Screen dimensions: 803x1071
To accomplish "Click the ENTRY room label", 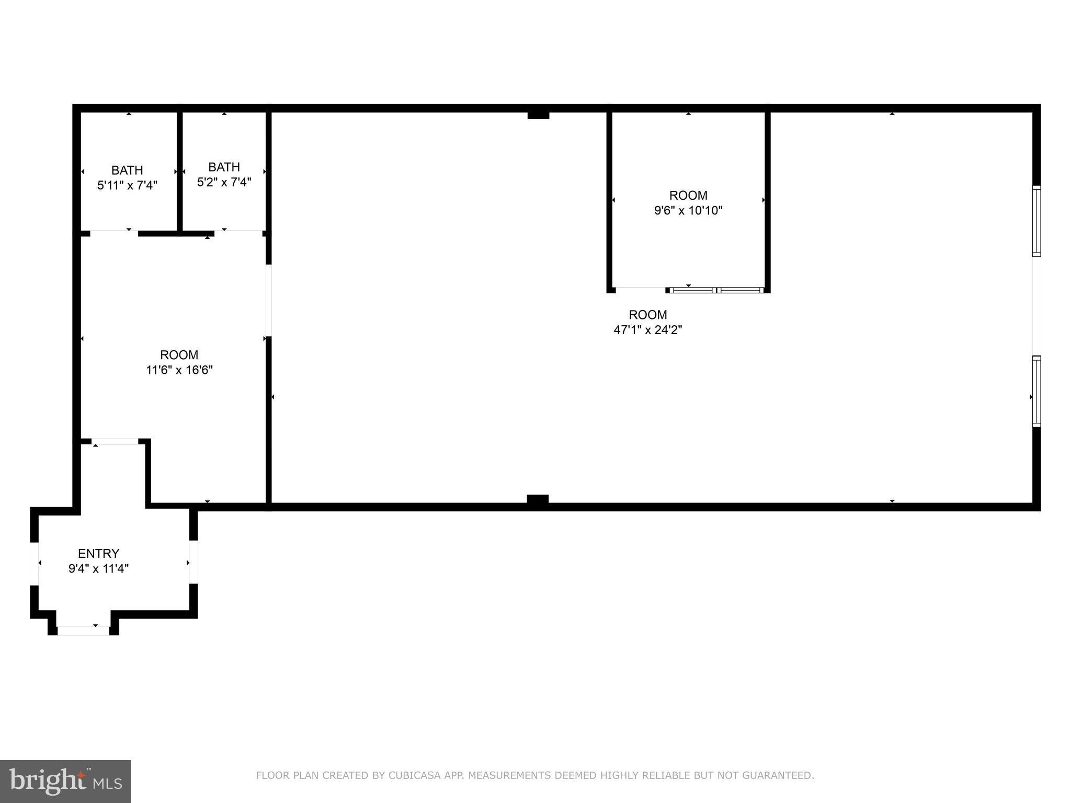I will coord(98,553).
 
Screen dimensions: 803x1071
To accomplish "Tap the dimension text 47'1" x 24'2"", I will coord(647,330).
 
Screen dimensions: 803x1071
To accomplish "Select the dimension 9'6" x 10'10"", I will coord(688,211).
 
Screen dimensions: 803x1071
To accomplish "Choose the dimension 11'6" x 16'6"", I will coord(179,370).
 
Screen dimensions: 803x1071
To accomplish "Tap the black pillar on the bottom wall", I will coord(538,500).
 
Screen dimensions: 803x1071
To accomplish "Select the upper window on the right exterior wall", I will coord(1036,221).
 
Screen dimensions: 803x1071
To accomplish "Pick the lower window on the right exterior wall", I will coord(1036,391).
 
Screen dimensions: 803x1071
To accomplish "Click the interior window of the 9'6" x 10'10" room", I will coord(716,290).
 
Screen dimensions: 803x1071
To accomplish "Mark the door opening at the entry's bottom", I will coord(83,630).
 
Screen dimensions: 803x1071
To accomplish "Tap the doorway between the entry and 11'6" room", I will coord(115,442).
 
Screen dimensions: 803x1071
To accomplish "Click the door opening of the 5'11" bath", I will coord(114,233).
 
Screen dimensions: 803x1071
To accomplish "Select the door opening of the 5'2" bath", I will coord(238,233).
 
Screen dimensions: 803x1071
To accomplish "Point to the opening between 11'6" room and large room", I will coord(269,301).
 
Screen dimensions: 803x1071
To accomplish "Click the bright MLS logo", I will coord(65,781).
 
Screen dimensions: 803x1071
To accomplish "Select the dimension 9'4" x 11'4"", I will coord(98,569).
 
